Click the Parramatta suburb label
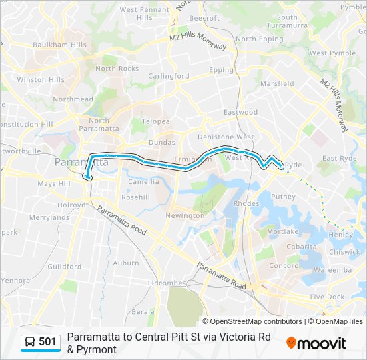[x=81, y=162]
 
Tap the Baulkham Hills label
[x=60, y=45]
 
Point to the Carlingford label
[x=168, y=76]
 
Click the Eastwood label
[x=240, y=112]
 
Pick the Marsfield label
[x=277, y=84]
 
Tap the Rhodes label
[x=247, y=203]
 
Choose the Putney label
[x=283, y=197]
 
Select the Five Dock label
[x=327, y=297]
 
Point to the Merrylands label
[x=49, y=217]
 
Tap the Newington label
[x=185, y=216]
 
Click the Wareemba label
[x=332, y=270]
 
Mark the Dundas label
[x=161, y=142]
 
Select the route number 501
[x=47, y=342]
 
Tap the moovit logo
[x=316, y=343]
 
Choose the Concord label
[x=283, y=265]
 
